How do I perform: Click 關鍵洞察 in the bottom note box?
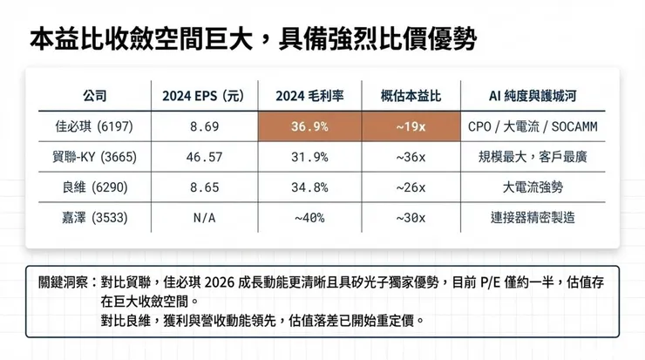click(x=63, y=283)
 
